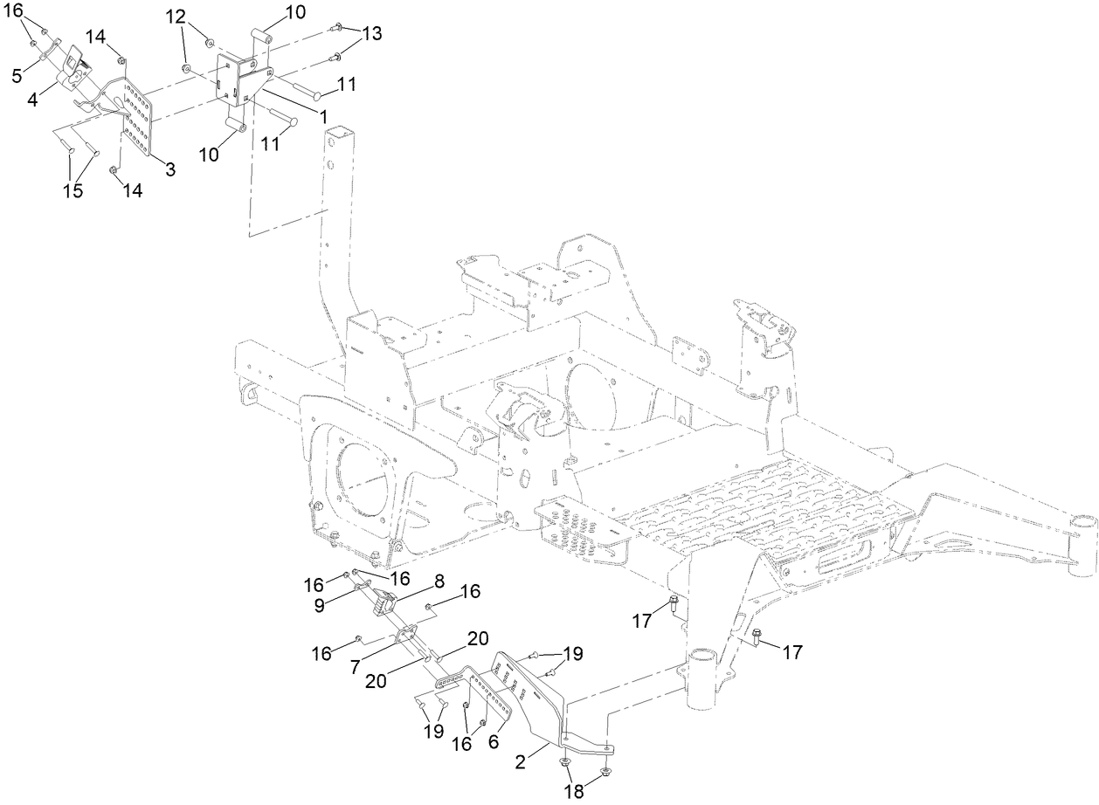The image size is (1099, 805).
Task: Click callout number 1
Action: coord(322,114)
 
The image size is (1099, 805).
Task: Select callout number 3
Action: coord(169,170)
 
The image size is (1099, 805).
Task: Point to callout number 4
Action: coord(32,99)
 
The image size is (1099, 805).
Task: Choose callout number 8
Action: coord(439,579)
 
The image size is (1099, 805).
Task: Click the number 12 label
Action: coord(176,17)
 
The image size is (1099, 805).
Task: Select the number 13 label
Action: coord(372,34)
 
